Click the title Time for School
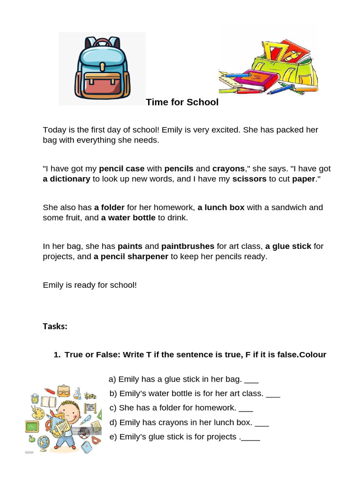tap(182, 102)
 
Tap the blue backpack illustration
tap(102, 68)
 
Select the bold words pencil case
tap(121, 169)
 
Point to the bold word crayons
tap(228, 169)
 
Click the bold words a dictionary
tap(66, 179)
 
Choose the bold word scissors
tap(249, 179)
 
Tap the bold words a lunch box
tap(221, 207)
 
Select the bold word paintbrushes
tap(187, 246)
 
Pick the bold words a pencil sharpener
tap(131, 257)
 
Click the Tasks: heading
tap(55, 326)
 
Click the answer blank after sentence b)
tap(273, 395)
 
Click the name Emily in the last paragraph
tap(52, 285)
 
